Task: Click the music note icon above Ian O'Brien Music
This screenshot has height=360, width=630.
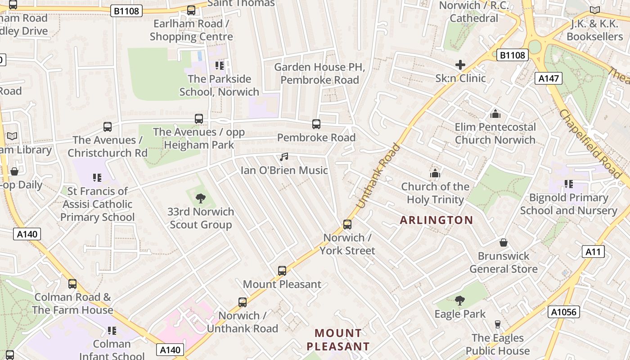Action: point(284,157)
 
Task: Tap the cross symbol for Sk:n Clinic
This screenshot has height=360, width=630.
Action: point(460,65)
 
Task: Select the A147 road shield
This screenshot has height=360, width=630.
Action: point(549,79)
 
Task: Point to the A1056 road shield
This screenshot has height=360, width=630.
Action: point(564,312)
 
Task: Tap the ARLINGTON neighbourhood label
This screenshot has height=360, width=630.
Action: point(436,220)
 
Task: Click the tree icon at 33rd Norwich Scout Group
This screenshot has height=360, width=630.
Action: point(201,198)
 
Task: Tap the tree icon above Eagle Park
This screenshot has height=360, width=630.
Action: point(459,300)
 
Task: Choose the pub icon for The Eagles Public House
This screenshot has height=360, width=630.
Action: point(497,324)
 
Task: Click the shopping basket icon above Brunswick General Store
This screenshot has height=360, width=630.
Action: point(504,243)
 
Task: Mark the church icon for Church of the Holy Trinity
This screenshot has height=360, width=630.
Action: point(435,173)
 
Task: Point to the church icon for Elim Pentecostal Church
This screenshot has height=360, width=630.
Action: point(495,114)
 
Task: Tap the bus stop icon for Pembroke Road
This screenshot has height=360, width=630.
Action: point(316,124)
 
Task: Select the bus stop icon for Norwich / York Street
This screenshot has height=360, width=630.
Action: point(347,224)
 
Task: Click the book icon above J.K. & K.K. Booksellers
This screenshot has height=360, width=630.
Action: point(595,10)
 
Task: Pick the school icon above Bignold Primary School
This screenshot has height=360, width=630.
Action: point(569,184)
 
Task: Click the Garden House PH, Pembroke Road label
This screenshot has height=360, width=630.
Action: point(319,73)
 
